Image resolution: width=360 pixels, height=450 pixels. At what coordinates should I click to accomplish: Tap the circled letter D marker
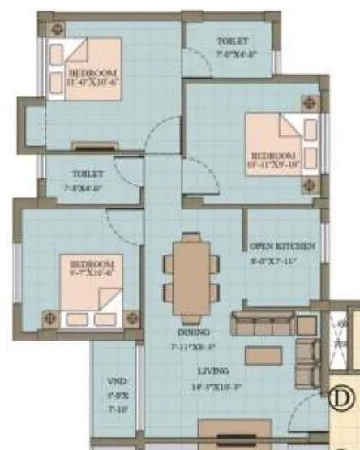coord(341,397)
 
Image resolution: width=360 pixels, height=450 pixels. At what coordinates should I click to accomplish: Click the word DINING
coord(192,332)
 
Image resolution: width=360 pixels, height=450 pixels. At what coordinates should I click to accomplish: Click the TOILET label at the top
coord(233,41)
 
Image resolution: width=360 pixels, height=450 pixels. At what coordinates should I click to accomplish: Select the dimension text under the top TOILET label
coord(233,55)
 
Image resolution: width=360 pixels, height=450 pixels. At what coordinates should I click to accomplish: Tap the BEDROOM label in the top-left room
coord(88,71)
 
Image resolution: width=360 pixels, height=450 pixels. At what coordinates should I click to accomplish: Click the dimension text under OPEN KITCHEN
coord(281,261)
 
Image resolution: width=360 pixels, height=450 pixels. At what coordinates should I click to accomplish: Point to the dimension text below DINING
coord(192,346)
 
